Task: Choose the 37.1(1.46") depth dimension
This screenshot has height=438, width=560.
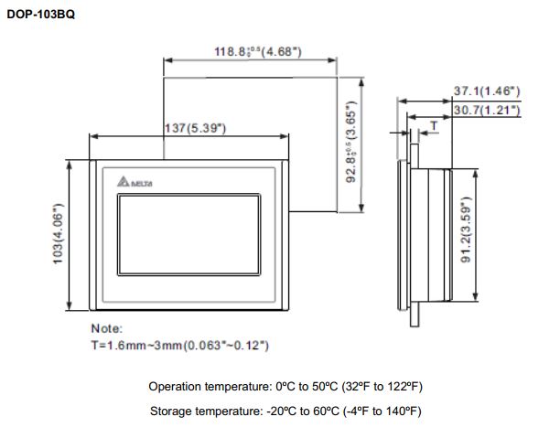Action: (x=487, y=91)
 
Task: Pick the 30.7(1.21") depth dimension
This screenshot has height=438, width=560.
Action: (x=487, y=110)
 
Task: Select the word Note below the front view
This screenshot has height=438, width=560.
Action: (x=106, y=327)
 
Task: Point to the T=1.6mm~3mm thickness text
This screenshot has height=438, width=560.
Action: (x=179, y=345)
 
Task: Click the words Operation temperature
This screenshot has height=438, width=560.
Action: (x=199, y=386)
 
